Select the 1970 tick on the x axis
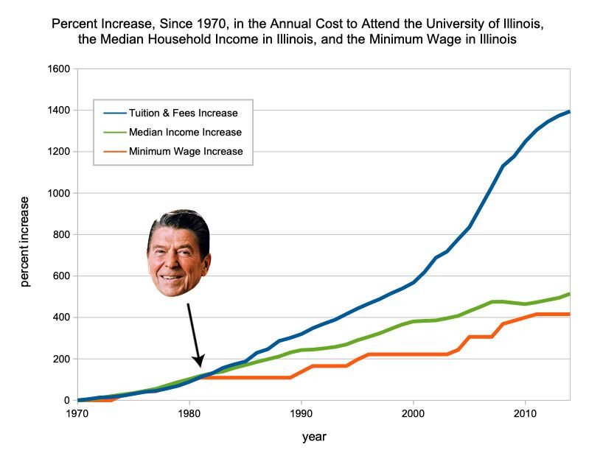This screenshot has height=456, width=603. click(77, 413)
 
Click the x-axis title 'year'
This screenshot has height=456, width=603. click(314, 437)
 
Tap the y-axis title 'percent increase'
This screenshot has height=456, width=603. click(25, 241)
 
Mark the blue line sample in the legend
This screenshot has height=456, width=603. click(114, 113)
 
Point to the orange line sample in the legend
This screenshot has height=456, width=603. click(114, 152)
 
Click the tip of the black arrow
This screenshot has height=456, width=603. click(200, 366)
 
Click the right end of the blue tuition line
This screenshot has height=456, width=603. click(570, 112)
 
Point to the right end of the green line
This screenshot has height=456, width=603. click(570, 294)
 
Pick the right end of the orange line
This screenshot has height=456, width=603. click(570, 315)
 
